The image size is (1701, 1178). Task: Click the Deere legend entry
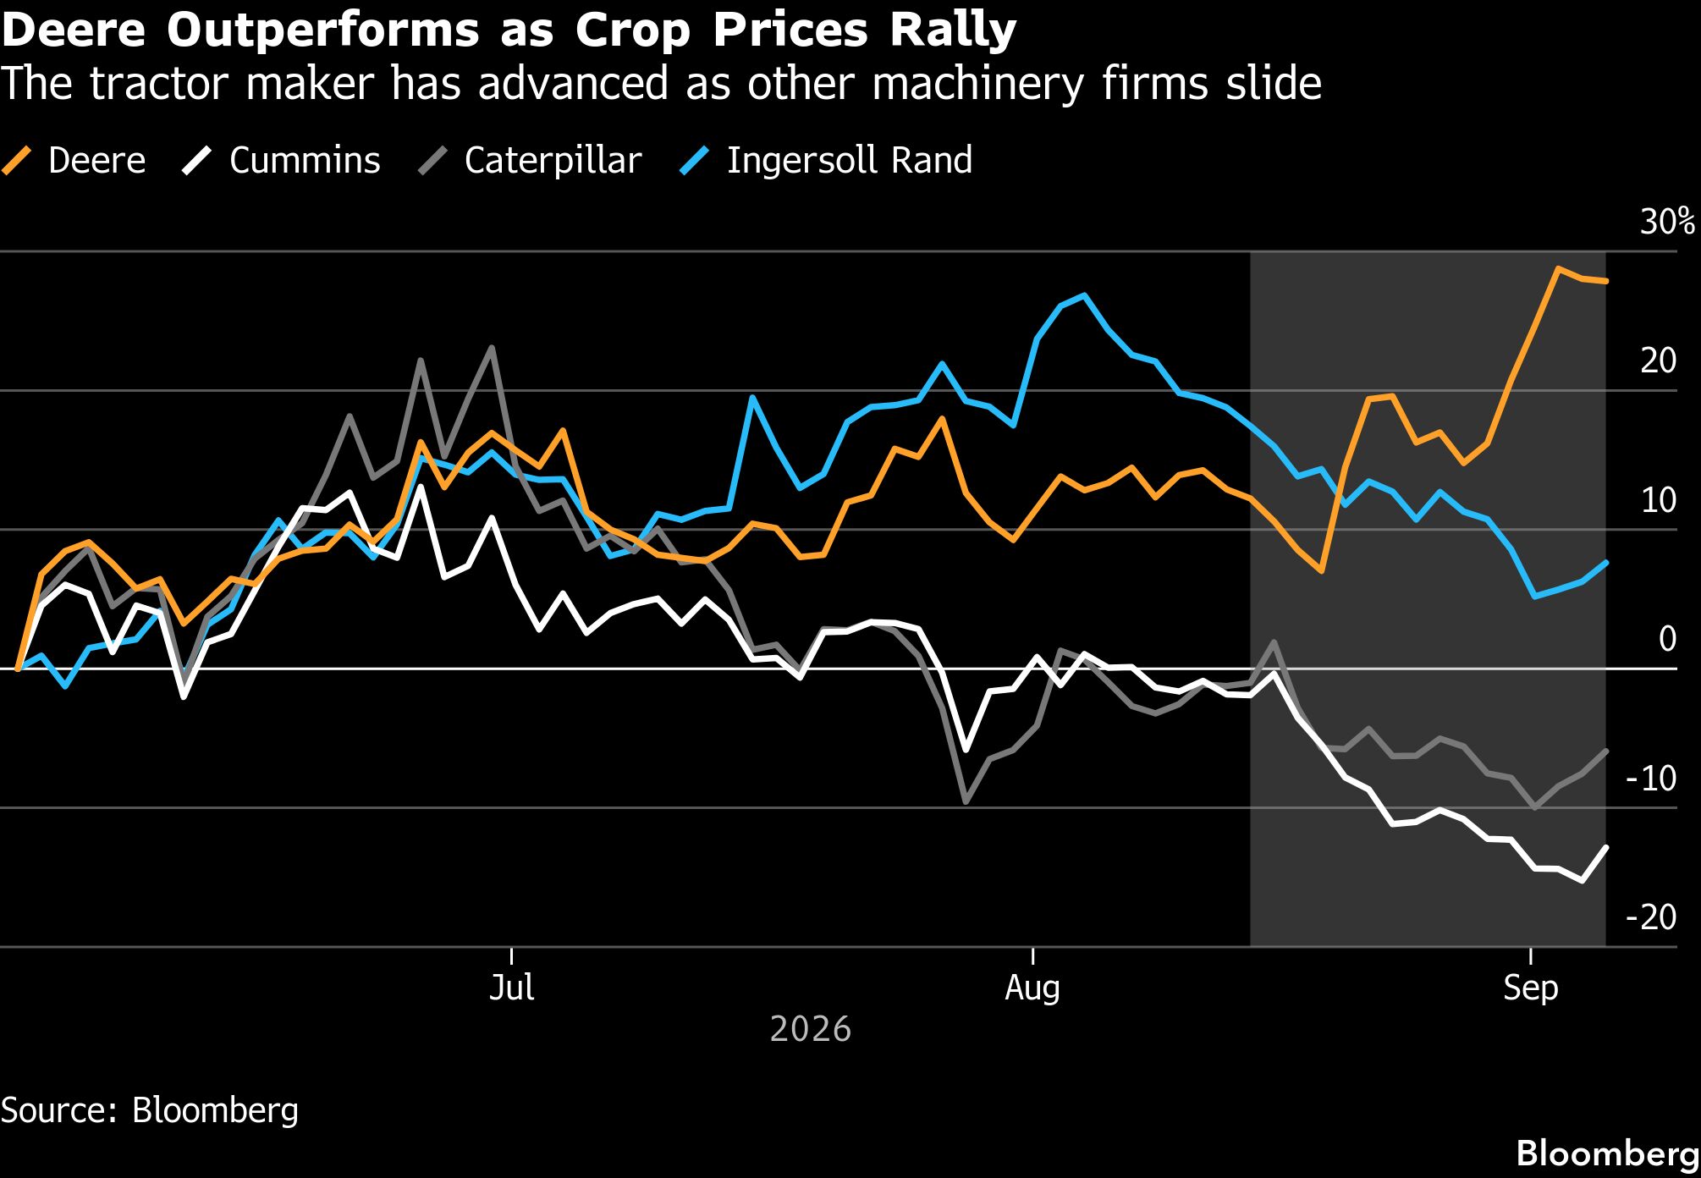click(x=74, y=160)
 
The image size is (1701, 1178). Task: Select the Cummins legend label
click(x=283, y=160)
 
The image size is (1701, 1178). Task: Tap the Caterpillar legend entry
click(x=531, y=160)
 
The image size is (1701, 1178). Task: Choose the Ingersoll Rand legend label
click(x=827, y=160)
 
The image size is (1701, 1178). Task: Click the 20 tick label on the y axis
click(x=1659, y=361)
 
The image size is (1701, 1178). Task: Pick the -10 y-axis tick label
click(x=1651, y=778)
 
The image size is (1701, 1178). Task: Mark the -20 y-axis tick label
click(x=1651, y=917)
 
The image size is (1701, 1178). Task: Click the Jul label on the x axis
click(x=512, y=988)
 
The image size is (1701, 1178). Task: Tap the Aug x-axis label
click(x=1032, y=988)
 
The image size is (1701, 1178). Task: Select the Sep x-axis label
click(x=1531, y=988)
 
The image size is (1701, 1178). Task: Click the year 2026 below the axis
click(x=811, y=1029)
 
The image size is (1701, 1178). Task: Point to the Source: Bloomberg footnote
click(x=150, y=1110)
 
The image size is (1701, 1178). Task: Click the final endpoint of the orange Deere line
click(x=1606, y=281)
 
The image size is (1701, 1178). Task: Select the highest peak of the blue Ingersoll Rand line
click(x=1084, y=295)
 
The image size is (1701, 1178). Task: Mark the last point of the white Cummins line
click(x=1606, y=847)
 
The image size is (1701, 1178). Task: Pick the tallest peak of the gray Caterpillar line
click(x=492, y=347)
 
